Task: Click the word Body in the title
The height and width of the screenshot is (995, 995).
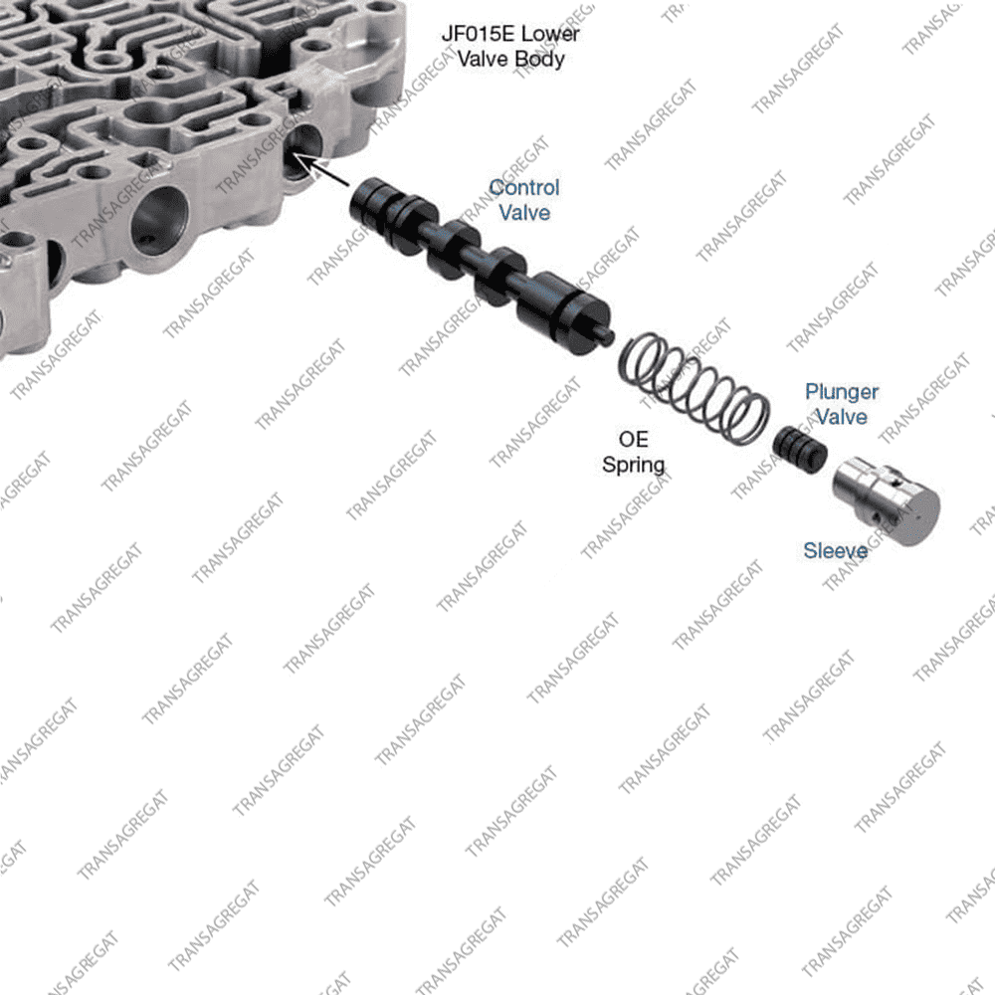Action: (540, 59)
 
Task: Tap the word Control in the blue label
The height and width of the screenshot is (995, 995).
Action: (524, 187)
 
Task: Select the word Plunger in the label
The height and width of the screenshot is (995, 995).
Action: (842, 392)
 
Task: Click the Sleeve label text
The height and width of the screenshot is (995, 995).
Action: (836, 550)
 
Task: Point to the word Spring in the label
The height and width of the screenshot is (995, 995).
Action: (634, 464)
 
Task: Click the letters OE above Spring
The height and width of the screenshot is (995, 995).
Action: (634, 440)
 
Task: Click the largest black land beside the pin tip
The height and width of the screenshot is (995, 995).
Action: (552, 310)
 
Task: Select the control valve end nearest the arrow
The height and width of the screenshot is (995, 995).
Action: (365, 200)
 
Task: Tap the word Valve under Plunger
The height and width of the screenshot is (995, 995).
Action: (842, 417)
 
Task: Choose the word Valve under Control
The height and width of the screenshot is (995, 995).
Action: (524, 212)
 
